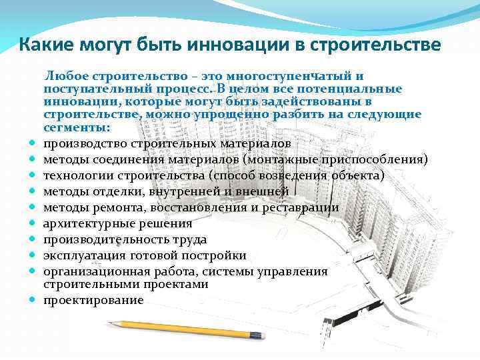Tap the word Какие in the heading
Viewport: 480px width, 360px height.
[x=46, y=45]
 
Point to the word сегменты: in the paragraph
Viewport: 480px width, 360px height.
[x=76, y=127]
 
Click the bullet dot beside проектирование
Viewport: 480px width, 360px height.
[x=32, y=299]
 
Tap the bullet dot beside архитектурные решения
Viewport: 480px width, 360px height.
[x=32, y=223]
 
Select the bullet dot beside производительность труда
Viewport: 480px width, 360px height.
[x=32, y=239]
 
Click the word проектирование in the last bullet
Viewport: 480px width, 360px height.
[x=93, y=300]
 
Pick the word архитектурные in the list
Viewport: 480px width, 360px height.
[x=89, y=224]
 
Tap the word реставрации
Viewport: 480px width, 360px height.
[x=300, y=208]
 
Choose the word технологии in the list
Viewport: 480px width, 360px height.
[x=79, y=176]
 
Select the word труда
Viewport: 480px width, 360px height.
[x=191, y=240]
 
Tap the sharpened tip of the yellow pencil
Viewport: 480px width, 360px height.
[x=109, y=323]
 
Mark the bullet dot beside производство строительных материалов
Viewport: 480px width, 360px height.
[x=32, y=143]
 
